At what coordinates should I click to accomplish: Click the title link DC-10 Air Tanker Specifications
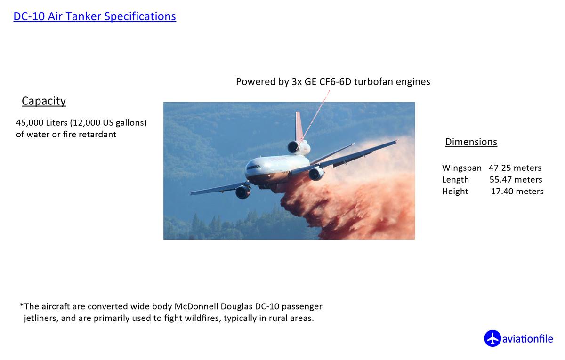click(95, 16)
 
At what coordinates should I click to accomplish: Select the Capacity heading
click(44, 101)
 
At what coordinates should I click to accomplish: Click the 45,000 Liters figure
click(41, 123)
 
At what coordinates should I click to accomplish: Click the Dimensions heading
click(471, 142)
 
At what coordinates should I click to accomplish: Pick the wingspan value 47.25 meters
click(515, 168)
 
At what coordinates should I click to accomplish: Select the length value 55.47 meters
click(516, 179)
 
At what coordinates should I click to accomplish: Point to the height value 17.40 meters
click(517, 192)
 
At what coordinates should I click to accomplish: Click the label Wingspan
click(461, 168)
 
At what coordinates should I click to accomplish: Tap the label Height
click(455, 192)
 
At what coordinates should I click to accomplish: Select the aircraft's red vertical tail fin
click(299, 126)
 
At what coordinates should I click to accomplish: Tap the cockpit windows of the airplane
click(253, 167)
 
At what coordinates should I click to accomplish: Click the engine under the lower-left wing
click(243, 192)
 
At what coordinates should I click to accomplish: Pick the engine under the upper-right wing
click(316, 174)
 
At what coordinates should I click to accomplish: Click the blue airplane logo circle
click(492, 338)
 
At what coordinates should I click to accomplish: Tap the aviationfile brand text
click(528, 339)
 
